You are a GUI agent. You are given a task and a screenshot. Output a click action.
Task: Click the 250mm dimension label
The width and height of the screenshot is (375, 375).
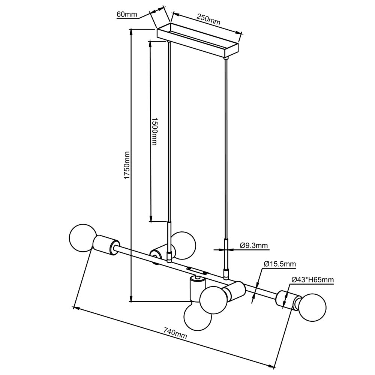[208, 21]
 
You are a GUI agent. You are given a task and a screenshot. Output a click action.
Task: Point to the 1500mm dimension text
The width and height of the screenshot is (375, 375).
[154, 131]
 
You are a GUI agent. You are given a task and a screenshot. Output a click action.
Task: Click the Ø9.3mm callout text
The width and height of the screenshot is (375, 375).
[253, 246]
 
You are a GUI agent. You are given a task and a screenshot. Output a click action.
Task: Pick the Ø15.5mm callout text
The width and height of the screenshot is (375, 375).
[280, 264]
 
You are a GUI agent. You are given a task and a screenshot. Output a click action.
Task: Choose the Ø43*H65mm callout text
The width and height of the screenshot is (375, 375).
[312, 280]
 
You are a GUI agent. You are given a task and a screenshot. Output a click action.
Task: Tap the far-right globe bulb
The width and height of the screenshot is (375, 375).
[312, 308]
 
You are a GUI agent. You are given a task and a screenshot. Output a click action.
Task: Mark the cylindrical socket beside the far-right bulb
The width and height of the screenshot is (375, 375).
[287, 300]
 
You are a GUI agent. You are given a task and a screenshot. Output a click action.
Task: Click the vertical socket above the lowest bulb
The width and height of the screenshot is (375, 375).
[196, 288]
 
